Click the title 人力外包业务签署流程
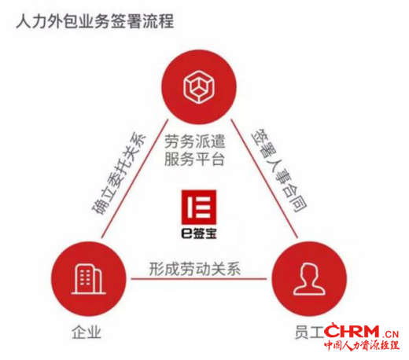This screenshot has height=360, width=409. click(x=95, y=21)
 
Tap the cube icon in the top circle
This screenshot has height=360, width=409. click(x=199, y=86)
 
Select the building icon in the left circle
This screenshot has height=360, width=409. click(x=88, y=279)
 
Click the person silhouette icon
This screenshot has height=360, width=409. click(x=309, y=279)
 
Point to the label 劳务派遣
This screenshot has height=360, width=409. click(x=195, y=141)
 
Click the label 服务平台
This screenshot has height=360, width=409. click(x=194, y=159)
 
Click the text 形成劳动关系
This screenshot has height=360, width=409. click(x=195, y=269)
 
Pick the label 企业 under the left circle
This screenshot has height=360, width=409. click(x=87, y=332)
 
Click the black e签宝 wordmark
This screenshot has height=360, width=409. click(x=199, y=233)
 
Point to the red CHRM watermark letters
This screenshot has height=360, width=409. click(x=352, y=331)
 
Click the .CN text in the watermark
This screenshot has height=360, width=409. click(x=391, y=334)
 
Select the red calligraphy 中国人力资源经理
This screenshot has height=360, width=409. click(x=362, y=345)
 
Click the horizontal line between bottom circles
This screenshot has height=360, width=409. click(x=198, y=279)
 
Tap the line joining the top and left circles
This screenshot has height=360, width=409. click(x=134, y=178)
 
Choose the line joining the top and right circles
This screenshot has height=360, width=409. click(x=264, y=178)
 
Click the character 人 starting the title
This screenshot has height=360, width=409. click(x=24, y=21)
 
